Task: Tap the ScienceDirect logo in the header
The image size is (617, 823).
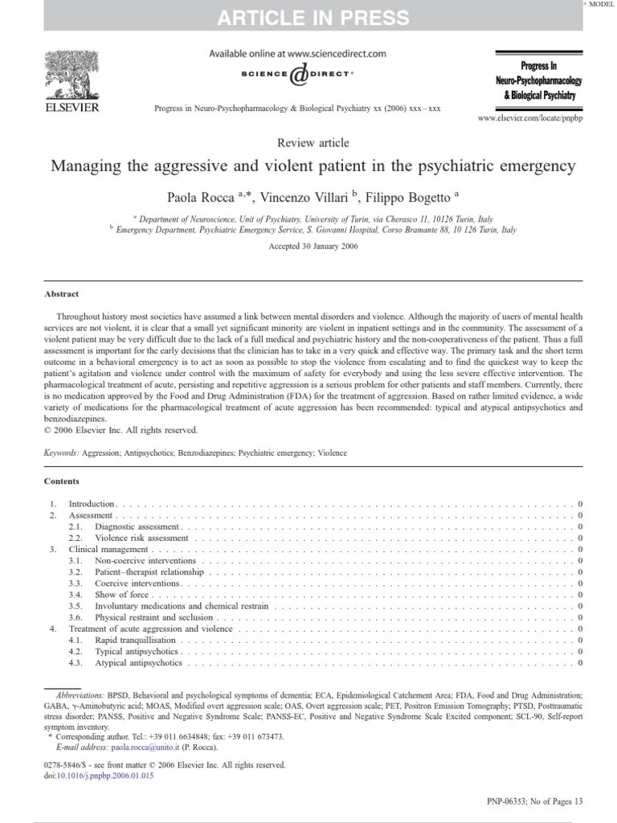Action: [297, 75]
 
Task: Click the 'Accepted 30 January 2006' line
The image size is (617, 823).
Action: [313, 247]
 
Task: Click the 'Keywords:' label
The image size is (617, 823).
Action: [62, 453]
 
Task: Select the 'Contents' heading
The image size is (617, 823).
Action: [62, 481]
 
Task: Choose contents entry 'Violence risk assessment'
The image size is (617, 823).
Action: [141, 538]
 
